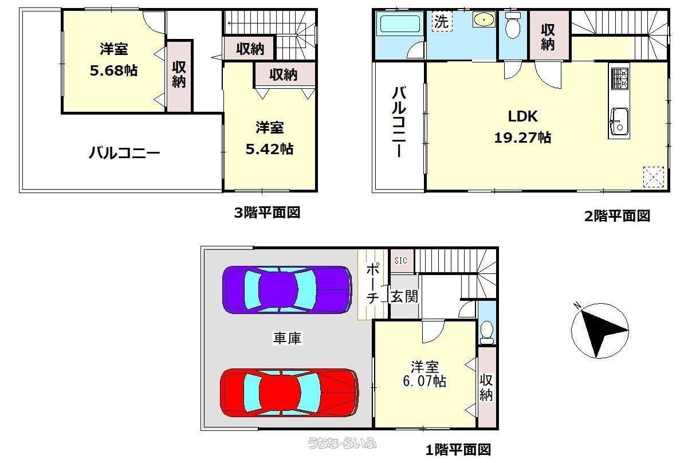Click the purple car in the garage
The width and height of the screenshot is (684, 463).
287,289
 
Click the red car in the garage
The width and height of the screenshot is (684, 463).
289,393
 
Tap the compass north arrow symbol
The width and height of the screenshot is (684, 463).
600,330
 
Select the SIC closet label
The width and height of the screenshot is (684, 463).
401,261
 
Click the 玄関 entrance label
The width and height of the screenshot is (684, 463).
404,297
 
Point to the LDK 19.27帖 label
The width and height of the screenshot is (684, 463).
522,127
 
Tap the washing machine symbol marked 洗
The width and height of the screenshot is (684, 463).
442,21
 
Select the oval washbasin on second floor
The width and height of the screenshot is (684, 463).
483,19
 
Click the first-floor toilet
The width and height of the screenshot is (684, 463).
486,332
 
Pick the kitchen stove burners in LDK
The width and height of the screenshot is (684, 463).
619,79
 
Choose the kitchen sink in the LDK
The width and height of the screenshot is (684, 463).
619,121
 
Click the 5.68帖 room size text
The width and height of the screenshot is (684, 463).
114,70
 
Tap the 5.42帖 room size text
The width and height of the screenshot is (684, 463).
270,149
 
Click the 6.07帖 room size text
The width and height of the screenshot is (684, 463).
424,381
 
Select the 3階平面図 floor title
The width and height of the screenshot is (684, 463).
267,213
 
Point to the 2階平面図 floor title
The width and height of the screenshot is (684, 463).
617,215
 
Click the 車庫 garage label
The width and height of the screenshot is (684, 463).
288,338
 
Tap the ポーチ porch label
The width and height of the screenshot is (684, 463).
372,283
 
